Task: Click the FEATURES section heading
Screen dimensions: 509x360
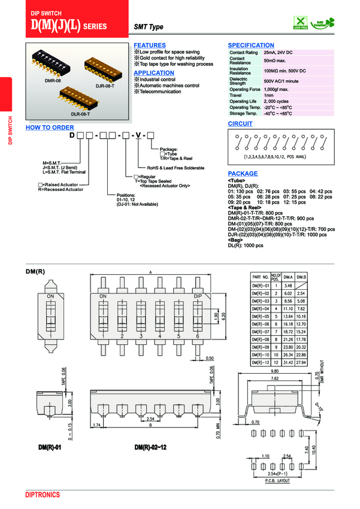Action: (x=150, y=46)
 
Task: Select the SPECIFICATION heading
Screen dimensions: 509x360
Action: (x=251, y=46)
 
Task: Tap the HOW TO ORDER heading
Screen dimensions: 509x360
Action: (x=50, y=128)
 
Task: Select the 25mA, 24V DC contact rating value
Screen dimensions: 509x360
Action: (x=278, y=53)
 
